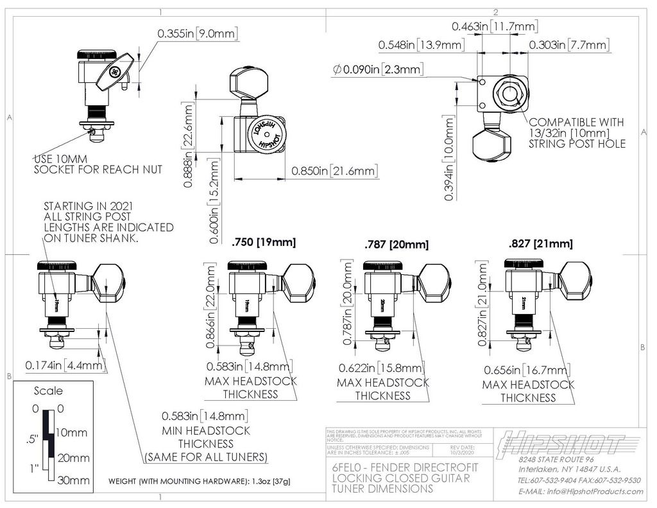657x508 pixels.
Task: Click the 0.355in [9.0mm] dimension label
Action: pos(196,33)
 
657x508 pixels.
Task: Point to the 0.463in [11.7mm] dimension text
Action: pos(494,26)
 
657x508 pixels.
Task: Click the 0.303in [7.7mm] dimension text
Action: pos(568,44)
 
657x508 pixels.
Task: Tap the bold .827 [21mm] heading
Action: pos(540,243)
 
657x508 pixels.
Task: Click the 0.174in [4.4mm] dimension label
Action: pos(65,365)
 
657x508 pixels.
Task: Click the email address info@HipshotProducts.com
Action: pos(580,491)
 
